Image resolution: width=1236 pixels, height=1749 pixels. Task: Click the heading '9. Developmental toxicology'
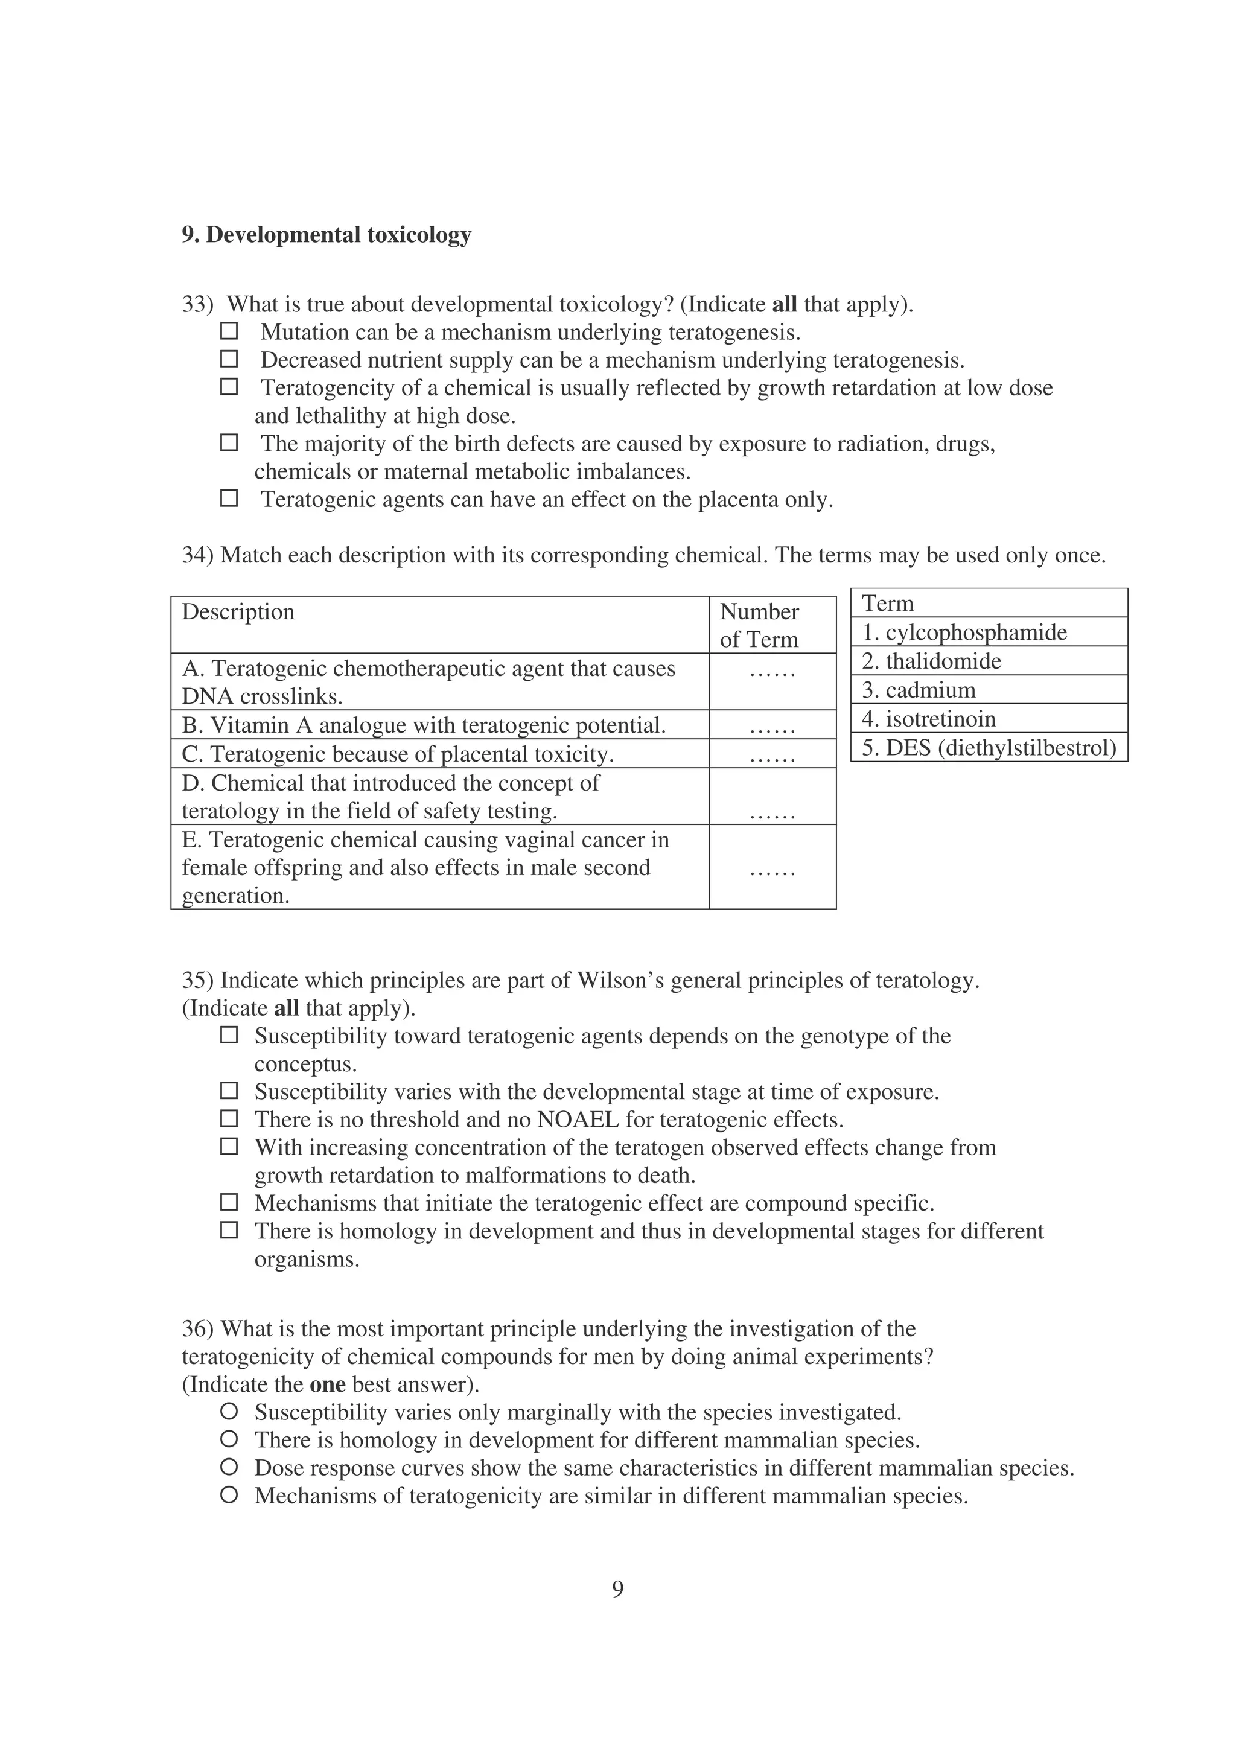[326, 235]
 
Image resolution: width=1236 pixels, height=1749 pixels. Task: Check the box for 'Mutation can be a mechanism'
[229, 331]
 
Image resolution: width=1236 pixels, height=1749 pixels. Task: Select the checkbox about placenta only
[229, 499]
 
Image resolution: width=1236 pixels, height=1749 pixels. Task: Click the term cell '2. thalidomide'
[988, 660]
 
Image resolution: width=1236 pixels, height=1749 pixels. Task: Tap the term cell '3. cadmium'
[988, 689]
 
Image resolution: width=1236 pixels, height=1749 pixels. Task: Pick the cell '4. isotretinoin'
[988, 718]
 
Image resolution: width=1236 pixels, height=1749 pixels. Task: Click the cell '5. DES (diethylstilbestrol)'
[988, 747]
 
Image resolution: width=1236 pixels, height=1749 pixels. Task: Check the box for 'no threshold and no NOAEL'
[229, 1119]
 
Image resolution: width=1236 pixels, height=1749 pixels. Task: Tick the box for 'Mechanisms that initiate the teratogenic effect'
[229, 1203]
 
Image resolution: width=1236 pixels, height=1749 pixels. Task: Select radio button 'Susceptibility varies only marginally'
[229, 1412]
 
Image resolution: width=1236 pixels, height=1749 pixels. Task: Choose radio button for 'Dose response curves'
[229, 1467]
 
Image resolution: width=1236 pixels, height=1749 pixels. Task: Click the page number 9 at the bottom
[617, 1589]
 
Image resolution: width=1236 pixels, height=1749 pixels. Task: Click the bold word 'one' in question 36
[328, 1384]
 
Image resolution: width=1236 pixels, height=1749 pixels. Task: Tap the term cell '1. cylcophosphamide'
[988, 631]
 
